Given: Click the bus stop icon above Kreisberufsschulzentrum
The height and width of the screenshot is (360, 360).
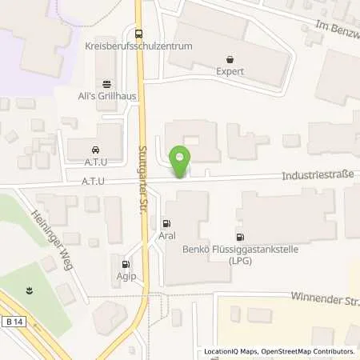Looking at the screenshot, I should [139, 34].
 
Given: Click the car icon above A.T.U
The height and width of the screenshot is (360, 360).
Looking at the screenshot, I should [95, 149].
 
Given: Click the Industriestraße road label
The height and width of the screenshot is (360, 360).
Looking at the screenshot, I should [315, 174].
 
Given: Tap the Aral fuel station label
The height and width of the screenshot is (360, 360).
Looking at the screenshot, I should [166, 236].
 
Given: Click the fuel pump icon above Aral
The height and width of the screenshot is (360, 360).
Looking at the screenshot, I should [166, 223].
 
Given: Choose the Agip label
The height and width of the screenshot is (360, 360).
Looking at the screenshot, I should [126, 276].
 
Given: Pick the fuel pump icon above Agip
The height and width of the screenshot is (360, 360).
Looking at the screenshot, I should [126, 264].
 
